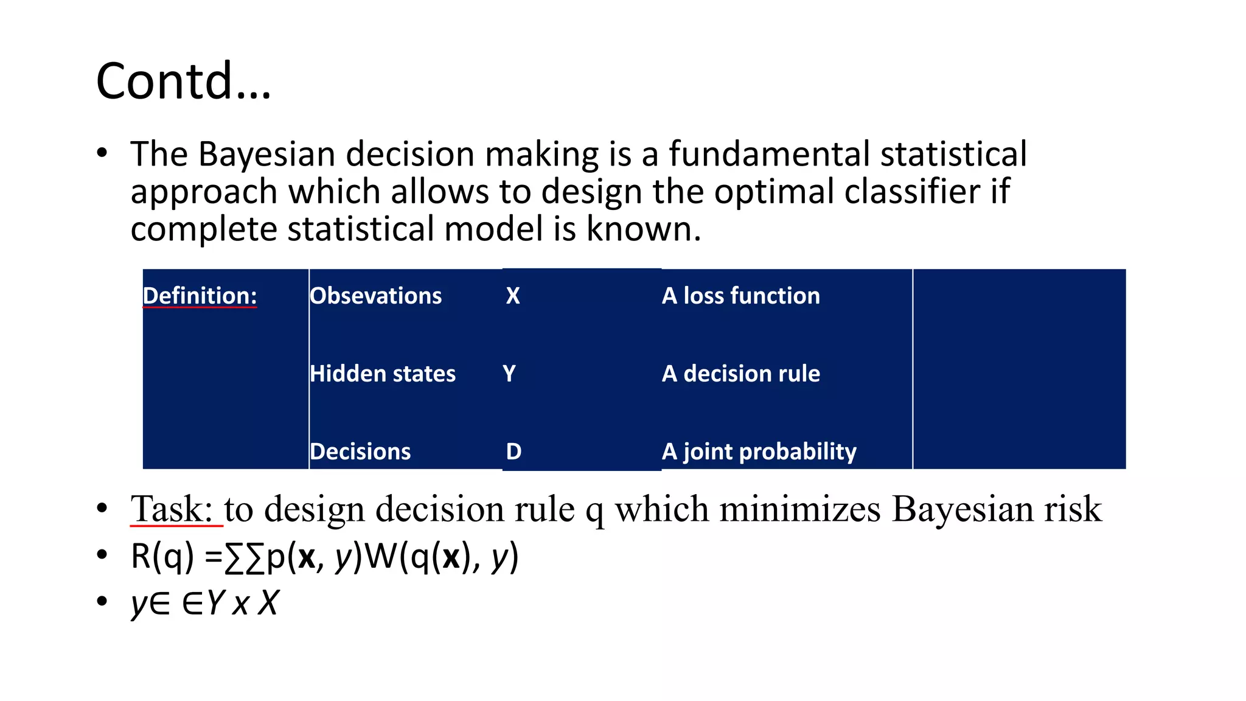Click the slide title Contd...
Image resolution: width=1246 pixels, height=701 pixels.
pos(183,81)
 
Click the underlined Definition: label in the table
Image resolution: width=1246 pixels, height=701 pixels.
pos(200,296)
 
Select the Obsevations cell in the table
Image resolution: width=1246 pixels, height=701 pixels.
pos(375,296)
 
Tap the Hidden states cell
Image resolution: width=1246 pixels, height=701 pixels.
pos(382,374)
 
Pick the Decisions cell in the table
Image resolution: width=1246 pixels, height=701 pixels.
pos(360,452)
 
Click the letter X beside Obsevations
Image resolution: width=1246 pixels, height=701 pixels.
pos(513,296)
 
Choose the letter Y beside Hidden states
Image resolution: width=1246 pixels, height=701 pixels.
pos(509,374)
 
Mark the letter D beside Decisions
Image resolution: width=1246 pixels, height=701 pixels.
pos(513,452)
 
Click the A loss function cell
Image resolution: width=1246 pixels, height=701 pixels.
pos(740,296)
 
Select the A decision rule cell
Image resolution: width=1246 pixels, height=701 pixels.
pos(740,374)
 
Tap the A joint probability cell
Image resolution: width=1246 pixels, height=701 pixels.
pos(759,452)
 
